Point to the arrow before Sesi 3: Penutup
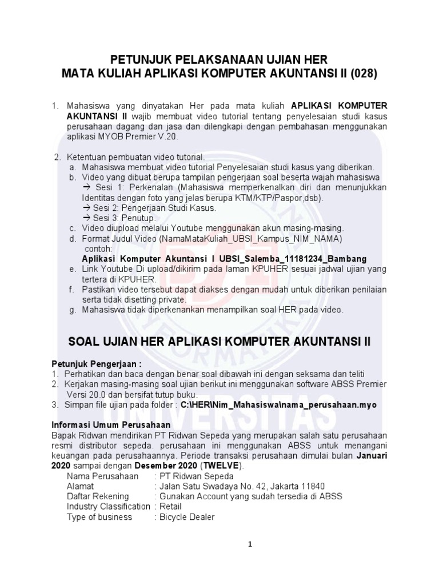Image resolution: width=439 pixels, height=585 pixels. [x=86, y=219]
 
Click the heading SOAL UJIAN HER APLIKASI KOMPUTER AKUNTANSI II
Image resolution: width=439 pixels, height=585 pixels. [x=219, y=342]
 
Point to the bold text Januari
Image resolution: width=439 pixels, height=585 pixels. [x=372, y=455]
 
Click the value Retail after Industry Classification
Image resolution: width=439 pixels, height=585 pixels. [x=170, y=507]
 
